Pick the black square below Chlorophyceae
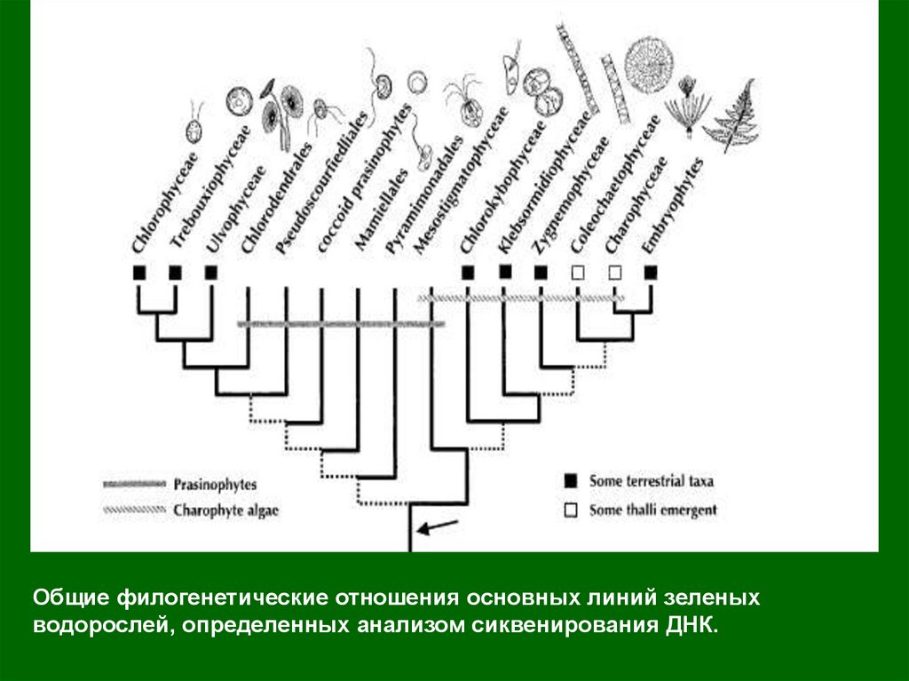point(138,273)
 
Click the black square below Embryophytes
point(651,273)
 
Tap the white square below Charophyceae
point(615,273)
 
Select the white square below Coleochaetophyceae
point(579,273)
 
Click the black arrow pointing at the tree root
point(438,527)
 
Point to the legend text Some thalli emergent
point(652,510)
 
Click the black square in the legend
point(571,481)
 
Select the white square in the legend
point(571,511)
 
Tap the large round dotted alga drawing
point(648,62)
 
